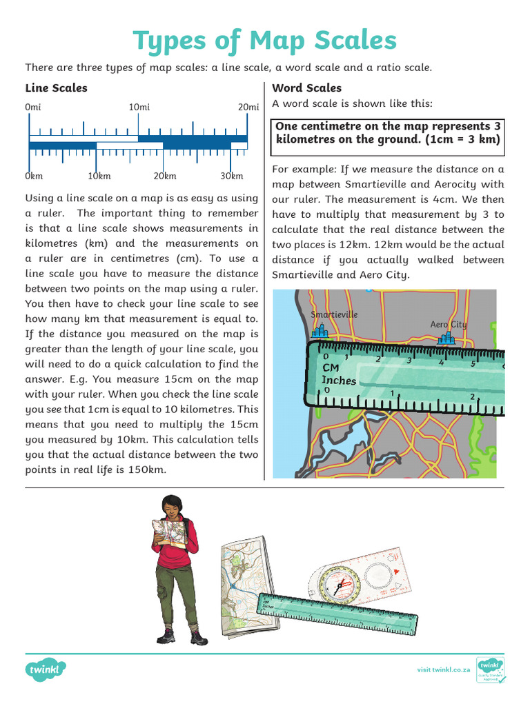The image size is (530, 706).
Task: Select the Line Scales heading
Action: click(x=56, y=88)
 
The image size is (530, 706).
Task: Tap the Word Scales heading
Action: click(x=306, y=88)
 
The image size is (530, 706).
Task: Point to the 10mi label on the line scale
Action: click(x=139, y=107)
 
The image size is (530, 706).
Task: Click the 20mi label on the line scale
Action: click(x=248, y=107)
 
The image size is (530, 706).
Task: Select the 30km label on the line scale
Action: click(x=232, y=176)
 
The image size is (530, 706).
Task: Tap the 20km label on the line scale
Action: click(x=165, y=176)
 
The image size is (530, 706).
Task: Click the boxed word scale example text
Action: click(x=388, y=132)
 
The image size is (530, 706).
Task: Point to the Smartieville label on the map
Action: click(x=335, y=314)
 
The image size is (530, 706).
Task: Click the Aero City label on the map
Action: click(x=449, y=324)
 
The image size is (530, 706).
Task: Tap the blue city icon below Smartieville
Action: click(x=319, y=332)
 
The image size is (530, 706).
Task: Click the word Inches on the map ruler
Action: click(x=339, y=380)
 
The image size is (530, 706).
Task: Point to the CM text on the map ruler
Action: click(x=331, y=367)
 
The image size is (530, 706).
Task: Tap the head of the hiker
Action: click(x=172, y=507)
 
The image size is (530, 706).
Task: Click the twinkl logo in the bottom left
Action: click(x=46, y=669)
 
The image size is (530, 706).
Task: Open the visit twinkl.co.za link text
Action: click(x=444, y=669)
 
